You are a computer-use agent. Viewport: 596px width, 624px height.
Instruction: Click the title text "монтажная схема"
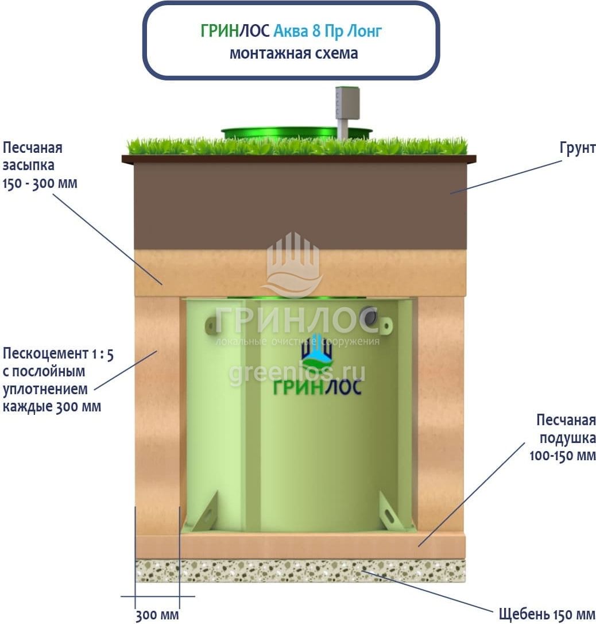click(293, 53)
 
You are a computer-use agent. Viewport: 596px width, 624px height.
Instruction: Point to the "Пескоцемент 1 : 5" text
click(58, 353)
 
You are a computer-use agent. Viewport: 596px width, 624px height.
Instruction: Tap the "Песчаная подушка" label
click(565, 429)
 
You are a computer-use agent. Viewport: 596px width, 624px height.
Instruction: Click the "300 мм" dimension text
click(157, 616)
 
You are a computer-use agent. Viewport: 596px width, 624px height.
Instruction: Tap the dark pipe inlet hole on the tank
click(369, 315)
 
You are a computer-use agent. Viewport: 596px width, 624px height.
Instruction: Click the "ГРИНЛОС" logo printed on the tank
click(316, 387)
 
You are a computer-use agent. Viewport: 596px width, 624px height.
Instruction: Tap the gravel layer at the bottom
click(299, 571)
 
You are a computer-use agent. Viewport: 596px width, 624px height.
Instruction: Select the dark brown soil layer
click(299, 207)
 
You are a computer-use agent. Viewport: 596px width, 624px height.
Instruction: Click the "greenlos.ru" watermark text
click(297, 373)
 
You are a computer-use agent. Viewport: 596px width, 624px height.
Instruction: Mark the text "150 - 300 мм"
click(40, 184)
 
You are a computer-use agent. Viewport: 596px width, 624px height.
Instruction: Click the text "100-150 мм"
click(562, 456)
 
